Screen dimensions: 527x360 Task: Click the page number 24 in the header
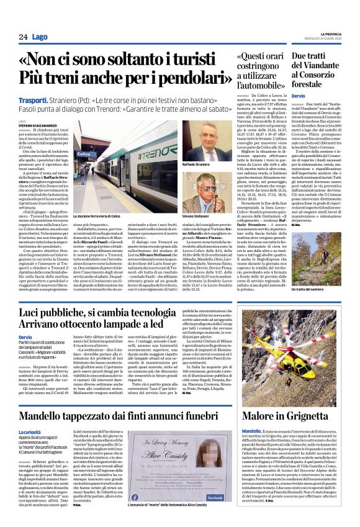click(x=23, y=37)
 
